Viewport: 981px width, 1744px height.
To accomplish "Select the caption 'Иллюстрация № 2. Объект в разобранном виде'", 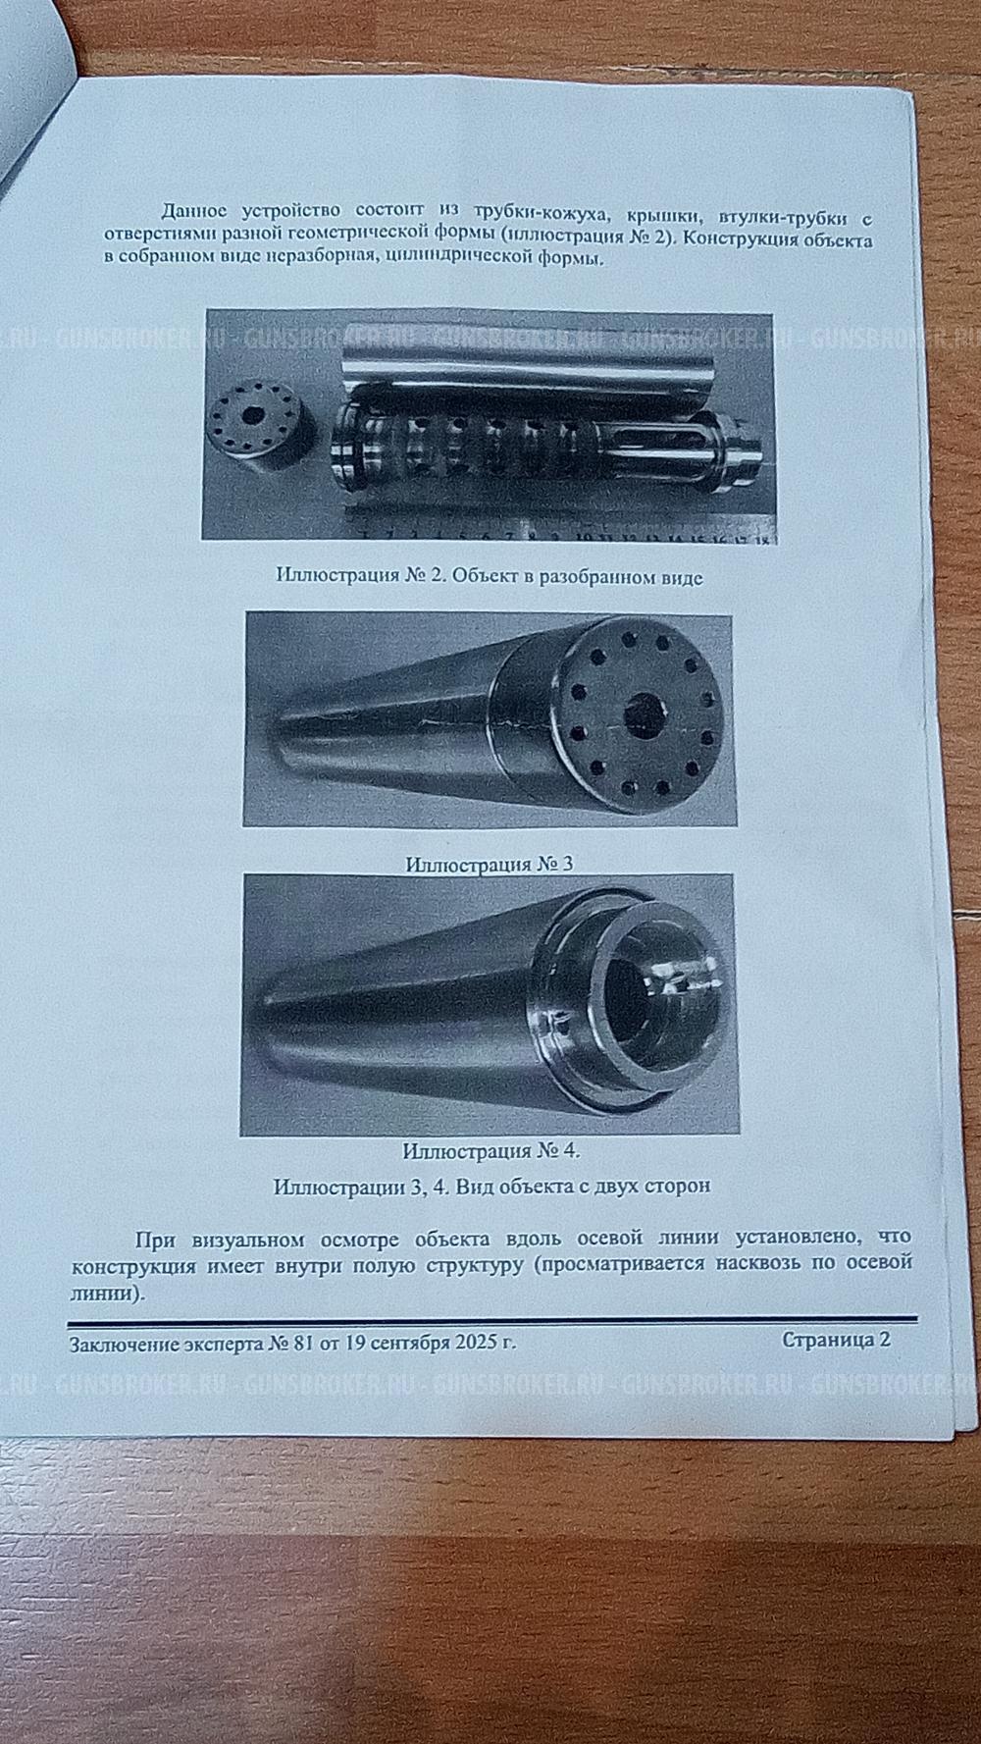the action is tap(490, 576).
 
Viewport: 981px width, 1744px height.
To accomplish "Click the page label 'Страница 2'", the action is tap(836, 1340).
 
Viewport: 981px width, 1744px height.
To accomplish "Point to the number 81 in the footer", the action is tap(302, 1343).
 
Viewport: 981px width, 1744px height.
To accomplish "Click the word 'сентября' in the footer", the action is tap(406, 1343).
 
